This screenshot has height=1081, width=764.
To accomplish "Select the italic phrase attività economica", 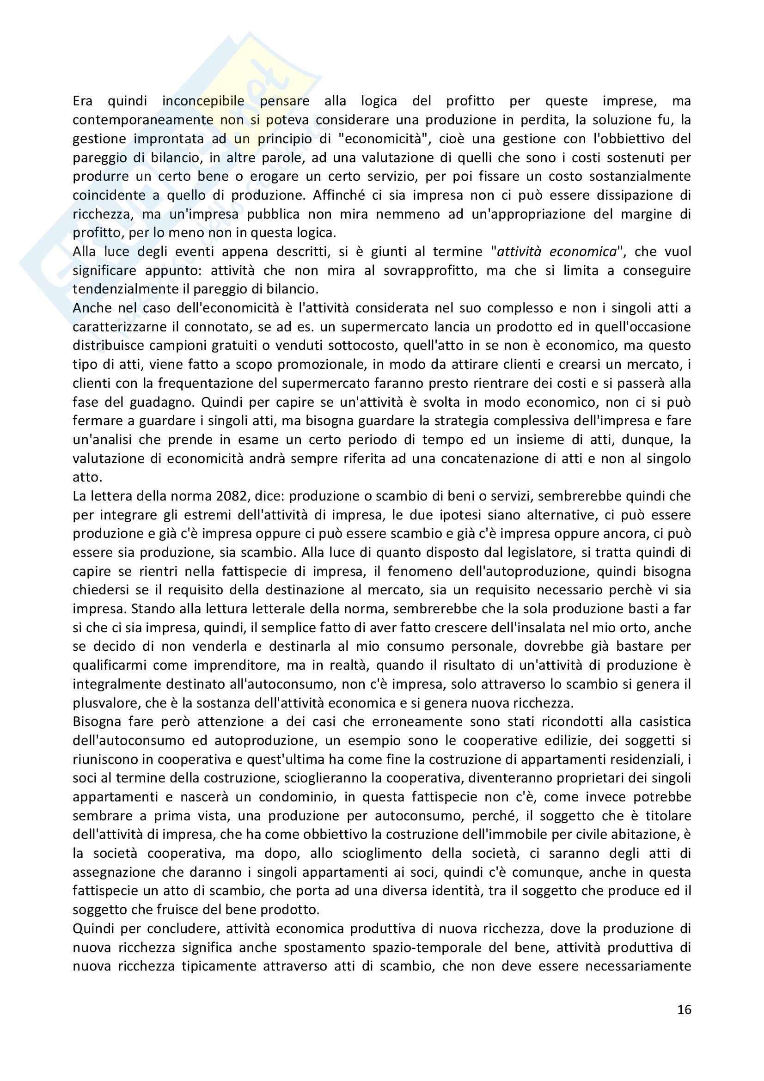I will tap(556, 251).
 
